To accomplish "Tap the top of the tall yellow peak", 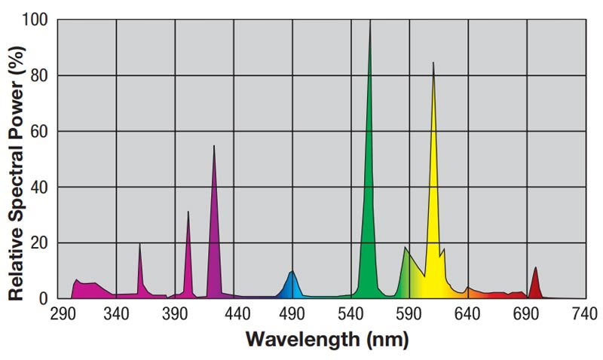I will tap(433, 64).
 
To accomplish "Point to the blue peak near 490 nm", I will tap(292, 273).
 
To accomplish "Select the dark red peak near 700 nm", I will tap(535, 269).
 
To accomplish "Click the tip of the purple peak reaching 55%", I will tap(214, 147).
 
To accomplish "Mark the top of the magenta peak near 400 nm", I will tap(188, 212).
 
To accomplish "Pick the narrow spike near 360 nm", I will tap(139, 245).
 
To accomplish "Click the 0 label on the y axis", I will tap(44, 298).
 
